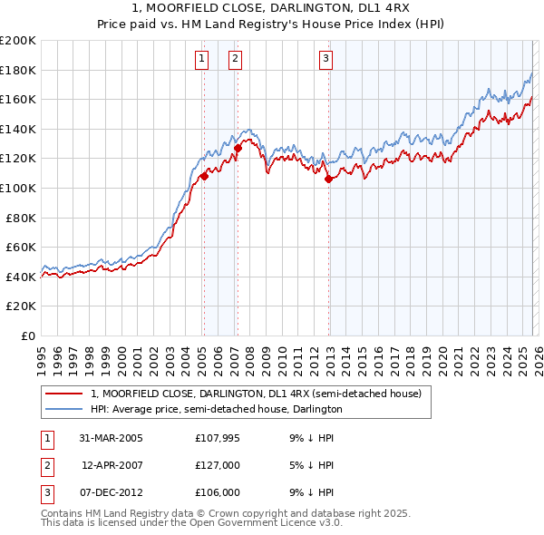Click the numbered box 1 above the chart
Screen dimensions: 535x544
tap(200, 60)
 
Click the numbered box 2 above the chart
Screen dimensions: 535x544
tap(235, 60)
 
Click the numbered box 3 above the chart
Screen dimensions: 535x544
tap(325, 60)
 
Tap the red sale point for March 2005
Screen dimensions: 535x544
tap(204, 177)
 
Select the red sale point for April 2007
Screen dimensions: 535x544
tap(238, 148)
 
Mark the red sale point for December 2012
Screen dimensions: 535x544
tap(328, 179)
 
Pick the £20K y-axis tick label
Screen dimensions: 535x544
tap(21, 306)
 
